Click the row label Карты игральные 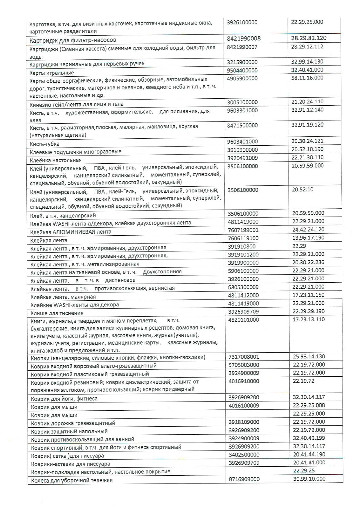[x=52, y=73]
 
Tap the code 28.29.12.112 [x=307, y=46]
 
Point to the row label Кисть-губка [x=44, y=144]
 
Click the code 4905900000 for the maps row [x=242, y=78]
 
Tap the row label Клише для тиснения [x=57, y=313]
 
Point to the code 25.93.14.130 [x=309, y=356]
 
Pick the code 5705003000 [x=244, y=365]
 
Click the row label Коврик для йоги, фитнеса [x=64, y=398]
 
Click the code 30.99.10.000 [x=309, y=479]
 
